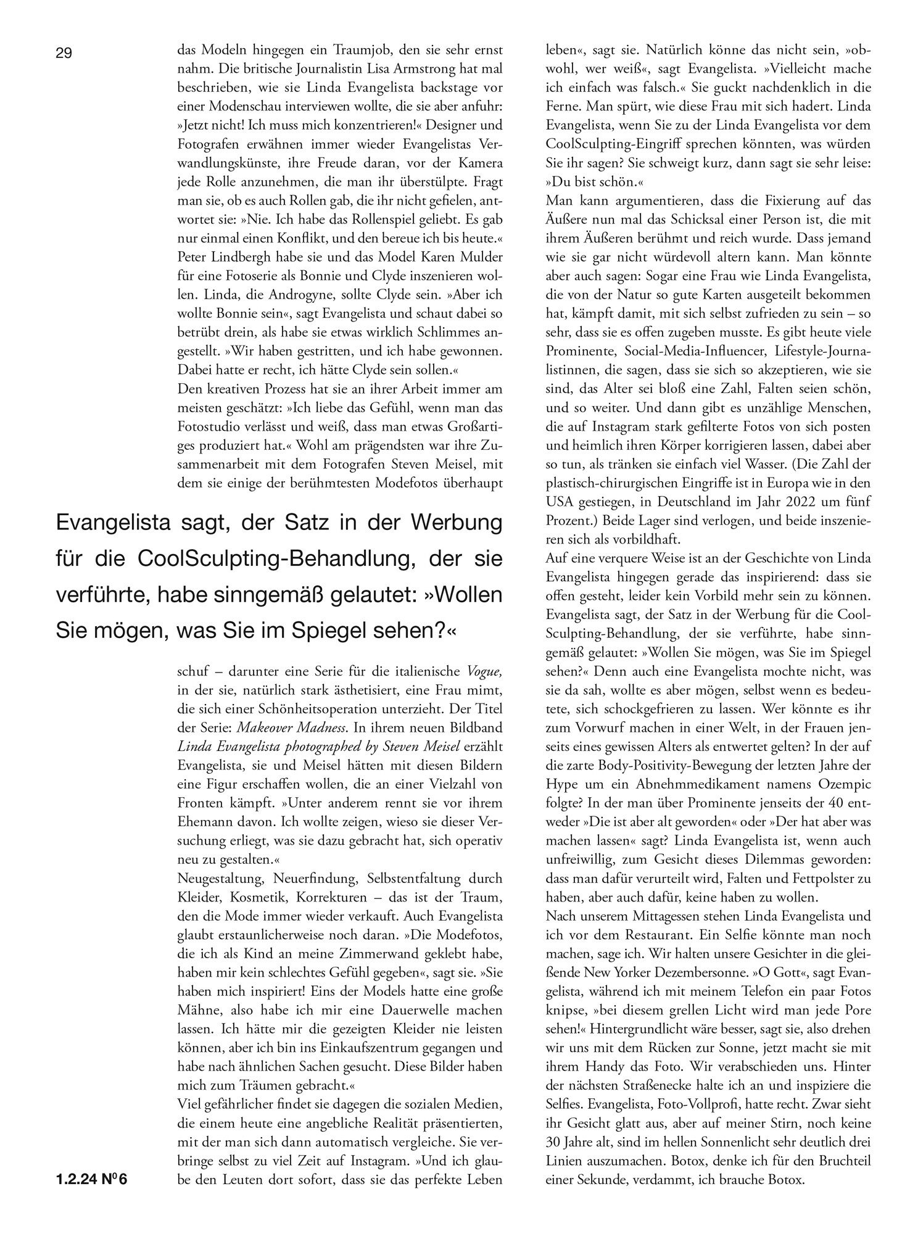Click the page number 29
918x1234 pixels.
click(x=64, y=54)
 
